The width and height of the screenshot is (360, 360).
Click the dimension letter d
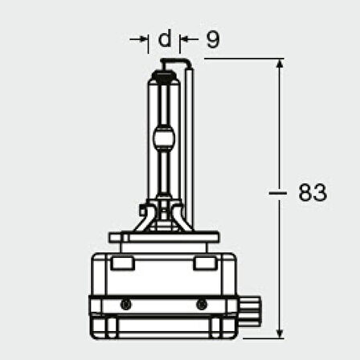coord(164,39)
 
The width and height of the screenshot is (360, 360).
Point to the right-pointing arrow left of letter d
coord(143,39)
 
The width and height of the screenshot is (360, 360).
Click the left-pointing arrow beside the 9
coord(186,39)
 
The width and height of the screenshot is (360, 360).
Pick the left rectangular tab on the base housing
coord(125,264)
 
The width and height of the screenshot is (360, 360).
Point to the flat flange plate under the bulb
coord(164,238)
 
